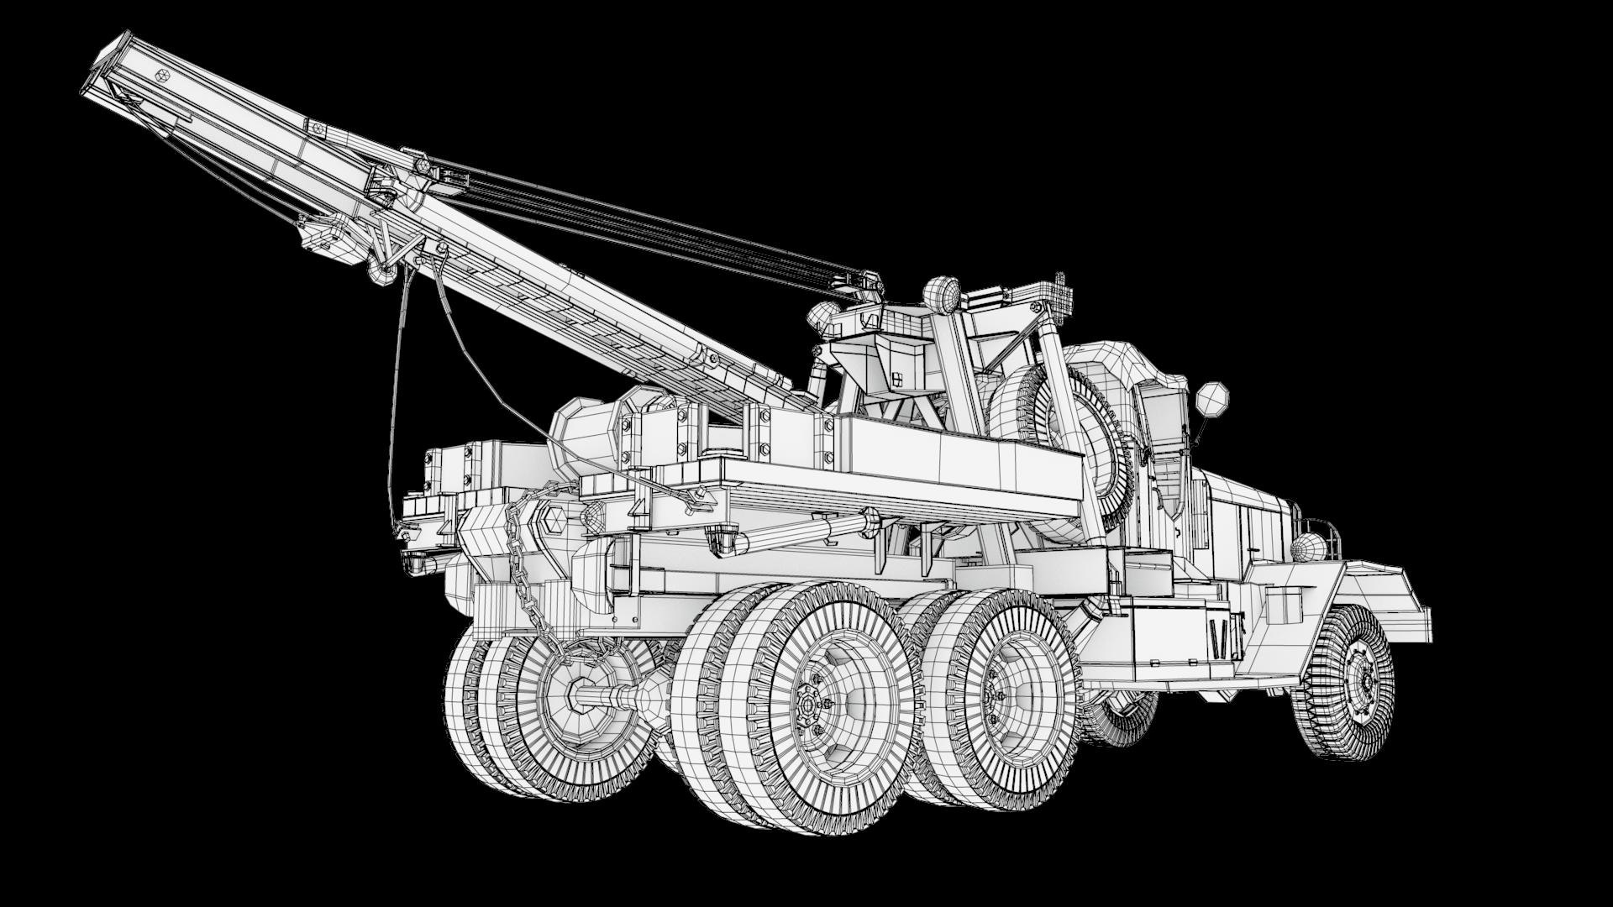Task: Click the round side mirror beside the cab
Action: tap(1211, 399)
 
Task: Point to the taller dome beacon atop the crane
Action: tap(942, 294)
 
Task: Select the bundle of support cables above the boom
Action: tap(655, 218)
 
